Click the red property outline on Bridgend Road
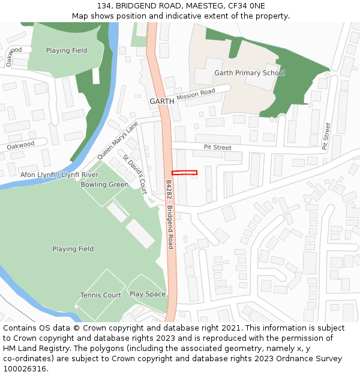click(184, 173)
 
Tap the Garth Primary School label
click(250, 73)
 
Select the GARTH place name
click(161, 101)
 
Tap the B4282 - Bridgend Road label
click(170, 214)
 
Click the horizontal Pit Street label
click(217, 147)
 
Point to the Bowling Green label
click(104, 185)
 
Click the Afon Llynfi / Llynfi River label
click(59, 175)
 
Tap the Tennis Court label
click(101, 295)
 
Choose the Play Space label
click(148, 295)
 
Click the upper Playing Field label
click(67, 51)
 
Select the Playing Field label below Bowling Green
click(73, 249)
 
